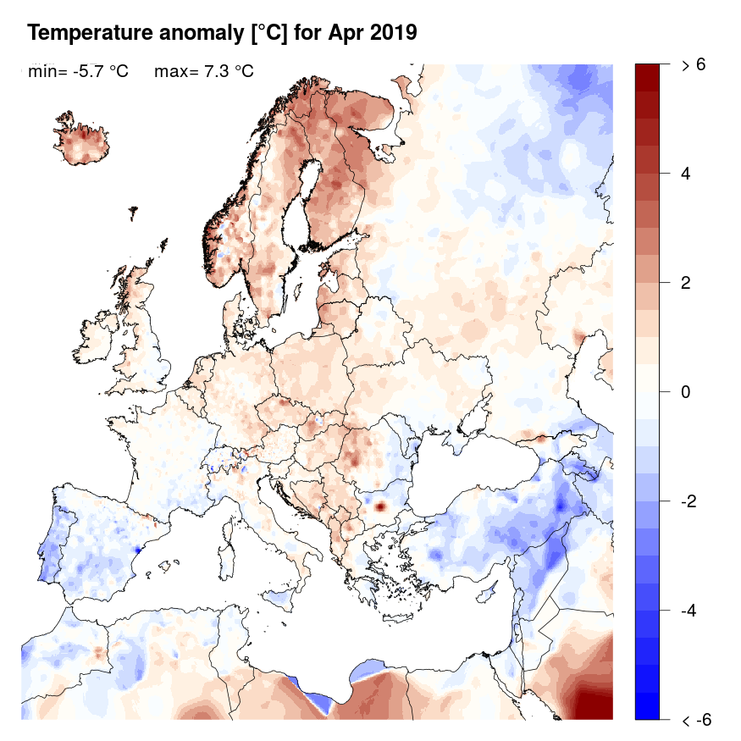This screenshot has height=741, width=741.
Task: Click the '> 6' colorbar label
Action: pyautogui.click(x=693, y=65)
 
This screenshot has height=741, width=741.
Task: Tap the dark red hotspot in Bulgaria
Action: pyautogui.click(x=380, y=506)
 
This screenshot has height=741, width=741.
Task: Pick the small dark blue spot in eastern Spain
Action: pyautogui.click(x=138, y=551)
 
